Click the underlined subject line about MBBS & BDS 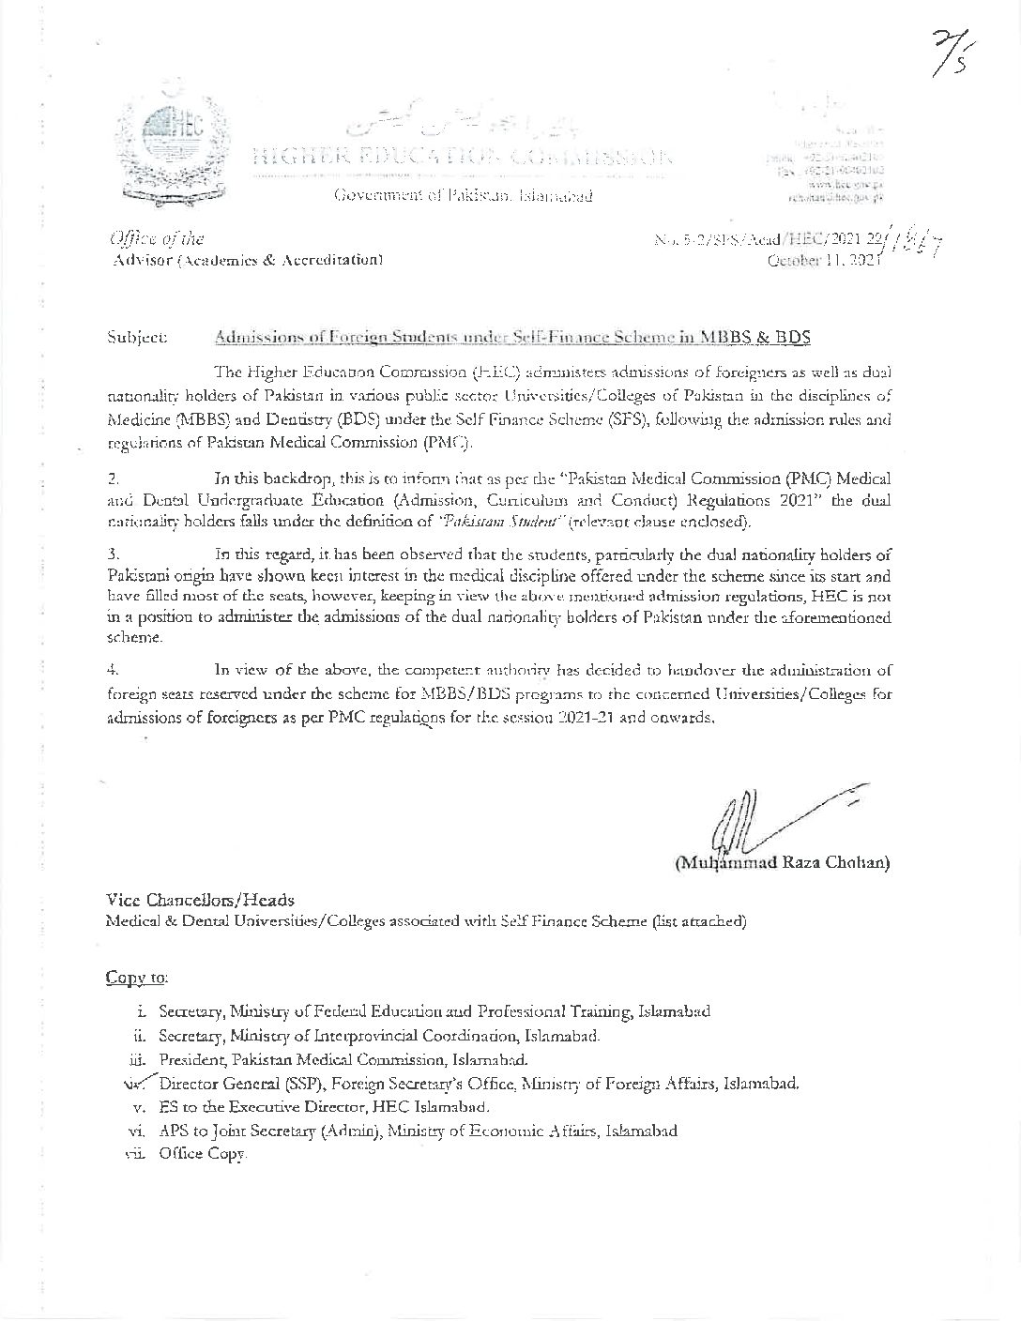pos(511,335)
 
